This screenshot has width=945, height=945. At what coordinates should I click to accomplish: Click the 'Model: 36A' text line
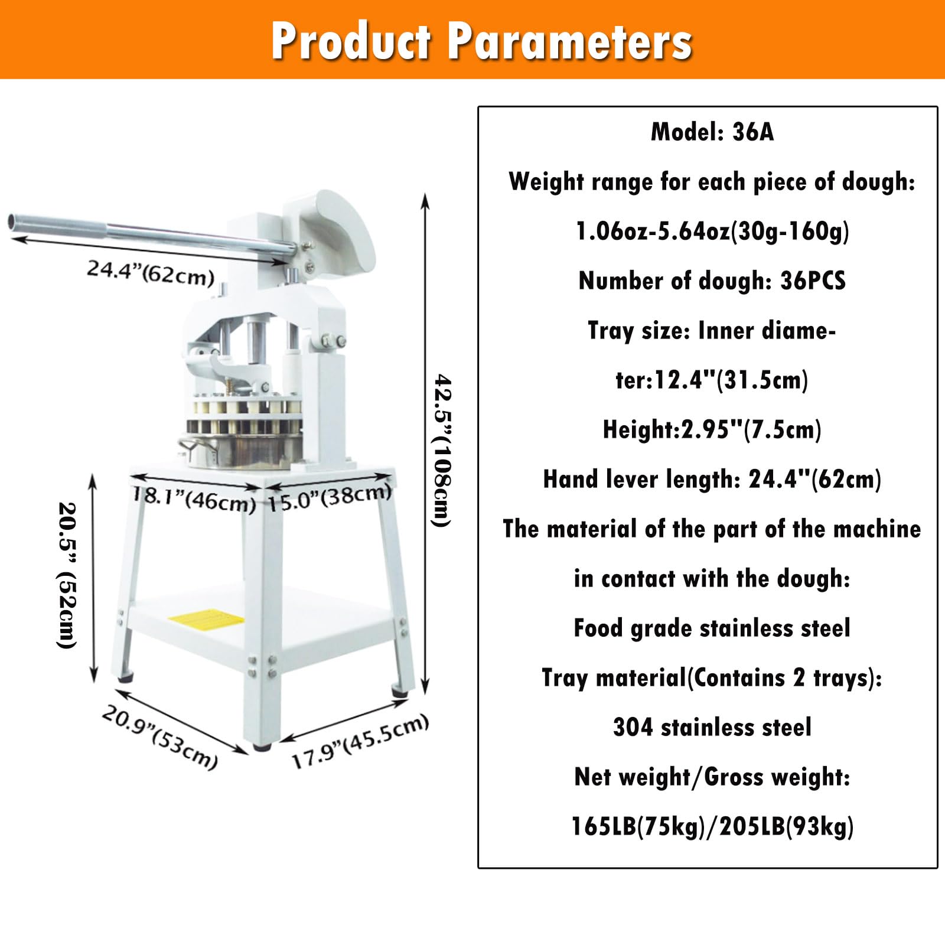click(x=712, y=132)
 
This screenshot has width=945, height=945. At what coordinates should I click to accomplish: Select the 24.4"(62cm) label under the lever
click(x=151, y=272)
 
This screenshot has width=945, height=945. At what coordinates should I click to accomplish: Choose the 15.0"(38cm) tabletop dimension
click(x=330, y=497)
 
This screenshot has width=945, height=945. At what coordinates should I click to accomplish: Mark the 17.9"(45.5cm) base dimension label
click(x=360, y=741)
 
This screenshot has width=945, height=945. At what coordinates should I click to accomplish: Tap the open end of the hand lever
click(x=13, y=223)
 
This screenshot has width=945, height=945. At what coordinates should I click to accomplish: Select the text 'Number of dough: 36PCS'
click(x=712, y=281)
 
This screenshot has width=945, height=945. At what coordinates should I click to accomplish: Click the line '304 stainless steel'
click(x=712, y=727)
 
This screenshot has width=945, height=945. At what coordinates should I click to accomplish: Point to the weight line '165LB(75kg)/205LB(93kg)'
click(x=712, y=826)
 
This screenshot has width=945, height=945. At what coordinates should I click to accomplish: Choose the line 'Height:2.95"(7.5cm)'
click(x=712, y=429)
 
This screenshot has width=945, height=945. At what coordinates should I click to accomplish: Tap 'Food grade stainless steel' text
click(x=712, y=628)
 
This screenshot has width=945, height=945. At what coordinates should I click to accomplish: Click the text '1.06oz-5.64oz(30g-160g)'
click(x=712, y=231)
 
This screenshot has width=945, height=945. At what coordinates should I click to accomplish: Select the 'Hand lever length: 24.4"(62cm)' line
click(x=712, y=479)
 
